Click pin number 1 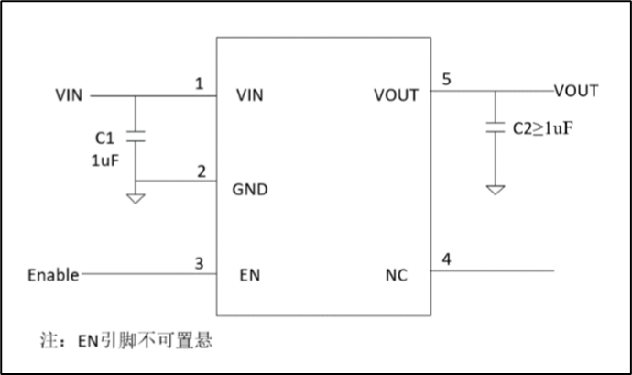tap(199, 83)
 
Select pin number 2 tap(201, 171)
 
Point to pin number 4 tap(446, 259)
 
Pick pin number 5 tap(446, 79)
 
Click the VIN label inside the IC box tap(250, 94)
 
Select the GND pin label tap(250, 191)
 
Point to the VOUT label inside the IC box tap(397, 94)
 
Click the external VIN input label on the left tap(70, 94)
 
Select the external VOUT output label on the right tap(576, 91)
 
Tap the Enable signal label tap(53, 274)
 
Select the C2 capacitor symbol tap(495, 128)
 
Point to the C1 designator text tap(104, 138)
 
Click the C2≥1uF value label tap(542, 127)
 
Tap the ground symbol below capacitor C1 tap(136, 197)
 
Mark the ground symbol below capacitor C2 tap(495, 190)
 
